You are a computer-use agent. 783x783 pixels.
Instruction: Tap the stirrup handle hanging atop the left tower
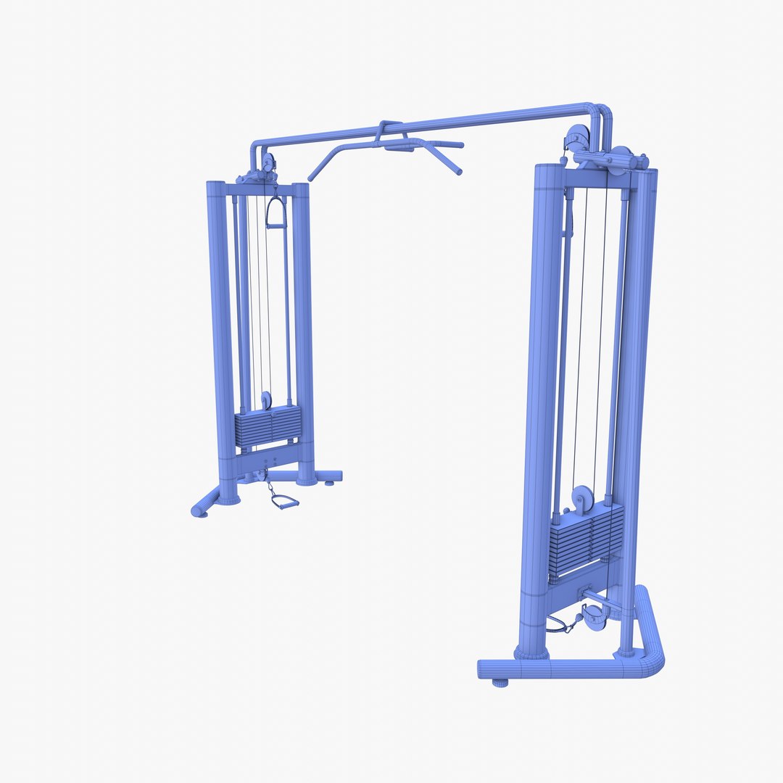click(276, 214)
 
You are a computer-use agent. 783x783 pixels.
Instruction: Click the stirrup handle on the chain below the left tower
click(285, 502)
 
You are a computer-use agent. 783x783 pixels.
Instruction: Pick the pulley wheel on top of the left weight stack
click(266, 400)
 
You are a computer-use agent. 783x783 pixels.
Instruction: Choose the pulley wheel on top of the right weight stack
click(581, 499)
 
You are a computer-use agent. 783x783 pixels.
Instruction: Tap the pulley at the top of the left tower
click(268, 162)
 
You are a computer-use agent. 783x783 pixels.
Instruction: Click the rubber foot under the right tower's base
click(500, 682)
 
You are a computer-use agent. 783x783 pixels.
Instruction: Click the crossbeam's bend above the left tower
click(255, 149)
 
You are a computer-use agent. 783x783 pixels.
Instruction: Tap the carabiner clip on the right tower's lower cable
click(578, 621)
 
